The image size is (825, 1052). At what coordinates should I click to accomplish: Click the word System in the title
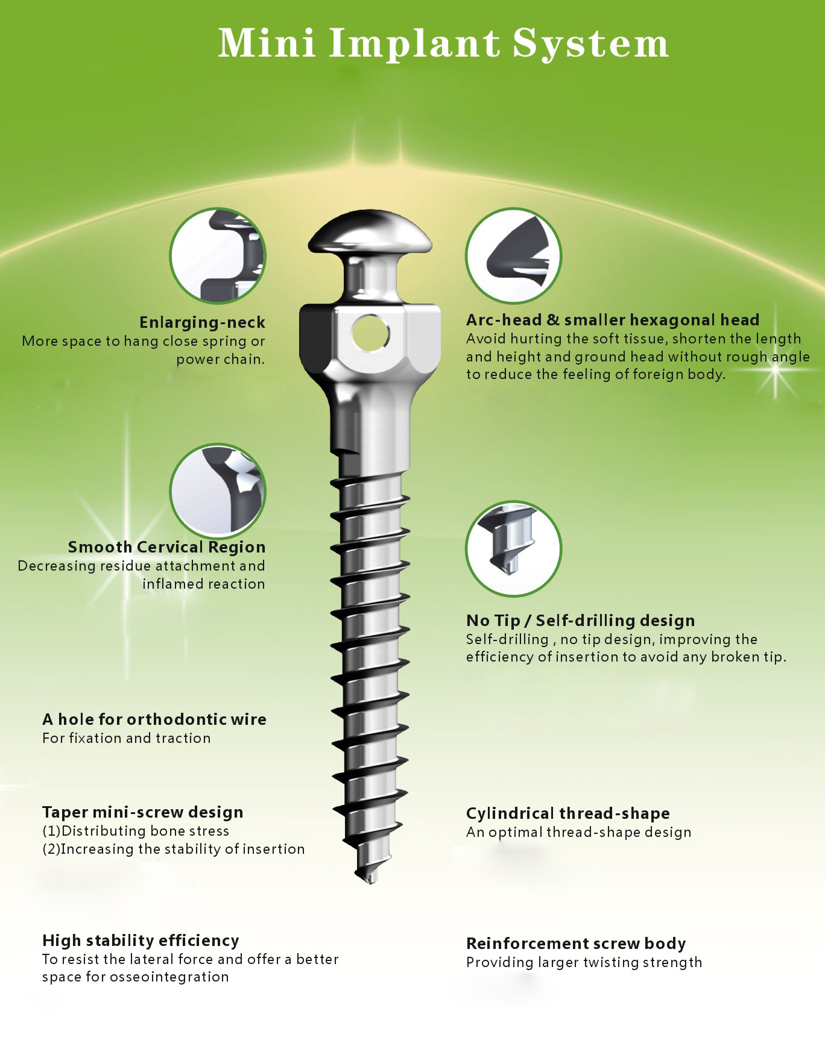point(590,43)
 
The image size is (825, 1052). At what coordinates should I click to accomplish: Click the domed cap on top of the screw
point(370,232)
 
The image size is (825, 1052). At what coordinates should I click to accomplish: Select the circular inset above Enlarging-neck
point(218,255)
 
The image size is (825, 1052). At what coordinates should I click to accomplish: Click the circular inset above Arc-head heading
point(513,255)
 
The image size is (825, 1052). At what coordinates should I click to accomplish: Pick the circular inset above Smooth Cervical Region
point(218,491)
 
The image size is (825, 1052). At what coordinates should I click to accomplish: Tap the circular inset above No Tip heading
point(513,548)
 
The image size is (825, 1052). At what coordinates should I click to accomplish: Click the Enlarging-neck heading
point(202,322)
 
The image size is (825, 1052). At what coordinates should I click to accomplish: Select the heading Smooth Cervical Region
point(166,547)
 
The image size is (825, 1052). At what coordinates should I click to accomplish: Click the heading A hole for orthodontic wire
point(154,719)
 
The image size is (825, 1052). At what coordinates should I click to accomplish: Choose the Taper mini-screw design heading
point(142,812)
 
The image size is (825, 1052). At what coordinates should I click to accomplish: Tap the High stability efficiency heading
point(141,941)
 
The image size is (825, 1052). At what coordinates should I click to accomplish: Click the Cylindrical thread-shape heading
point(567,813)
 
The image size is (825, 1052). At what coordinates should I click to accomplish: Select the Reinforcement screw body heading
point(576,944)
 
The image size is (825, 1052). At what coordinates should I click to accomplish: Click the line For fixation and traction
point(127,738)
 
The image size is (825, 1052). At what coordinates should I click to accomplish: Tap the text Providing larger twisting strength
point(584,962)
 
